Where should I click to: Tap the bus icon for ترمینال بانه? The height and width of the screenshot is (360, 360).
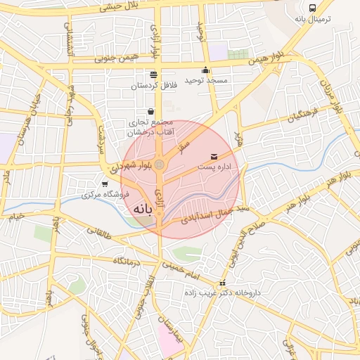(x=312, y=8)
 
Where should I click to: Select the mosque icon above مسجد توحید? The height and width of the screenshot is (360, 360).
(x=205, y=70)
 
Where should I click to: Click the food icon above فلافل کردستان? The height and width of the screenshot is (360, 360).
(x=153, y=75)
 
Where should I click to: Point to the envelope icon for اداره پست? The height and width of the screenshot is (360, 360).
(x=214, y=155)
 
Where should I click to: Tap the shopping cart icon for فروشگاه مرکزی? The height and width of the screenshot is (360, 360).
(x=105, y=184)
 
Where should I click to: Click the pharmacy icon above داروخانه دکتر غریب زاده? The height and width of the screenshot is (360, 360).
(x=224, y=283)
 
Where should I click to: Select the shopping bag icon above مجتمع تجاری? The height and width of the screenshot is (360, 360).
(x=151, y=111)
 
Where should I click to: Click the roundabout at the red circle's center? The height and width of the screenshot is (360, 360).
(x=160, y=165)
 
